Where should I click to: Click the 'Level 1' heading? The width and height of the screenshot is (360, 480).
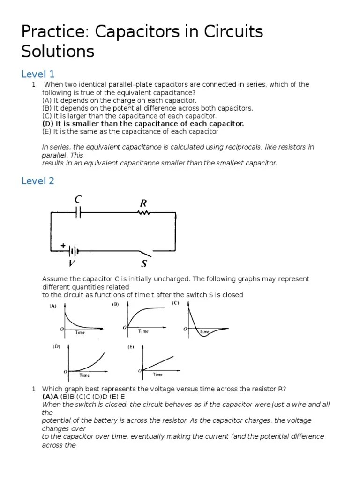[38, 74]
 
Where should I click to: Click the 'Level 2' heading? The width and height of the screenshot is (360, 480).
[38, 180]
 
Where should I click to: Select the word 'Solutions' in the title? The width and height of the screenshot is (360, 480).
[58, 51]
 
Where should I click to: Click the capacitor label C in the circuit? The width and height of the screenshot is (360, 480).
[78, 200]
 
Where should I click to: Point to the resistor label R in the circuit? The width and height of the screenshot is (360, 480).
[143, 203]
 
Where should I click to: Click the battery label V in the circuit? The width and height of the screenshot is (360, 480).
[72, 262]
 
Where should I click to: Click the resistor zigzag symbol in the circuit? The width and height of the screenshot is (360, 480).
[143, 213]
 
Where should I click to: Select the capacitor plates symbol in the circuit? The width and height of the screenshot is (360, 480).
[78, 213]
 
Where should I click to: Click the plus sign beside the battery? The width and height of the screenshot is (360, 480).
[62, 245]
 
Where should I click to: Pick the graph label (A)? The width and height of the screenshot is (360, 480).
[53, 307]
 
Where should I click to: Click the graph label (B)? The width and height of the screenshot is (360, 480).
[115, 304]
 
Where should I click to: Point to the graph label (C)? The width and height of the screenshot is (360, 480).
[175, 303]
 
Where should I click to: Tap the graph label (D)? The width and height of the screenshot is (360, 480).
[56, 347]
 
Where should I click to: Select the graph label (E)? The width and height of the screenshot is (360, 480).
[131, 347]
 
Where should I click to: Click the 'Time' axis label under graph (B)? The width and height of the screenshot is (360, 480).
[143, 331]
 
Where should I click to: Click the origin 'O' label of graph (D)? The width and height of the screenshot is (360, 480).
[65, 371]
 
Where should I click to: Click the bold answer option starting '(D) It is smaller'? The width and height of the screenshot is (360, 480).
[143, 124]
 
